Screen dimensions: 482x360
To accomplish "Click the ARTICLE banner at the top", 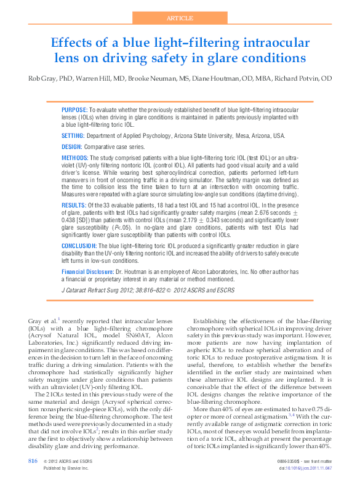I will click(180, 18).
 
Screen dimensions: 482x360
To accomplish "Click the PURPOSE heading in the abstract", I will click(74, 109).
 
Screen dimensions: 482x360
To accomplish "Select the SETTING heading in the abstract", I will click(73, 135).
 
